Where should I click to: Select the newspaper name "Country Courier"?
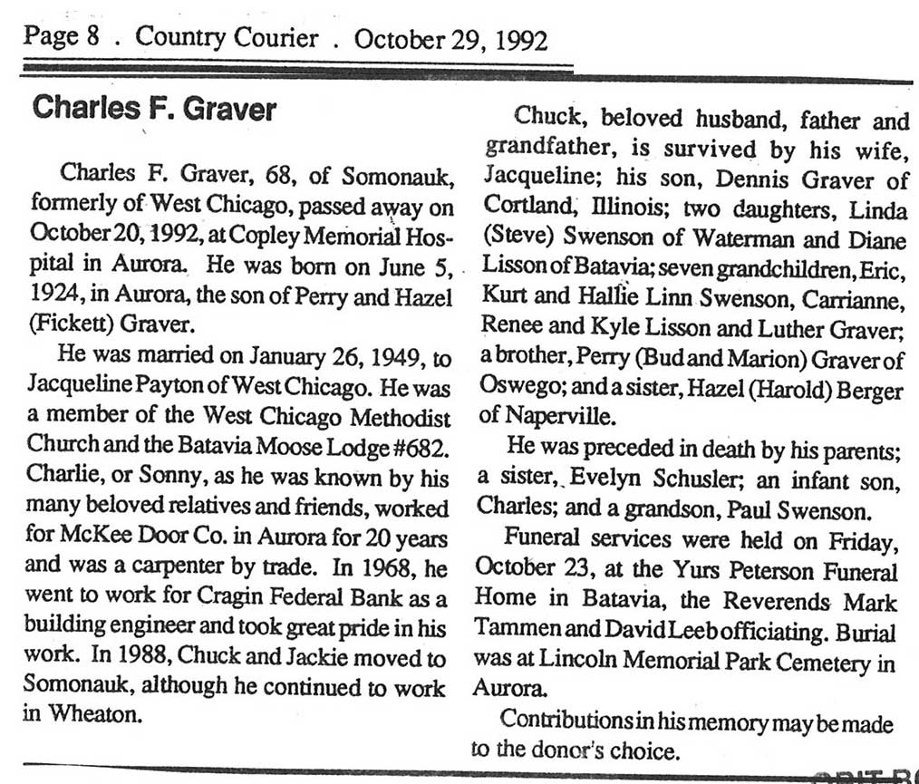tap(227, 38)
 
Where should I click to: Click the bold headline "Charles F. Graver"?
tap(154, 110)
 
